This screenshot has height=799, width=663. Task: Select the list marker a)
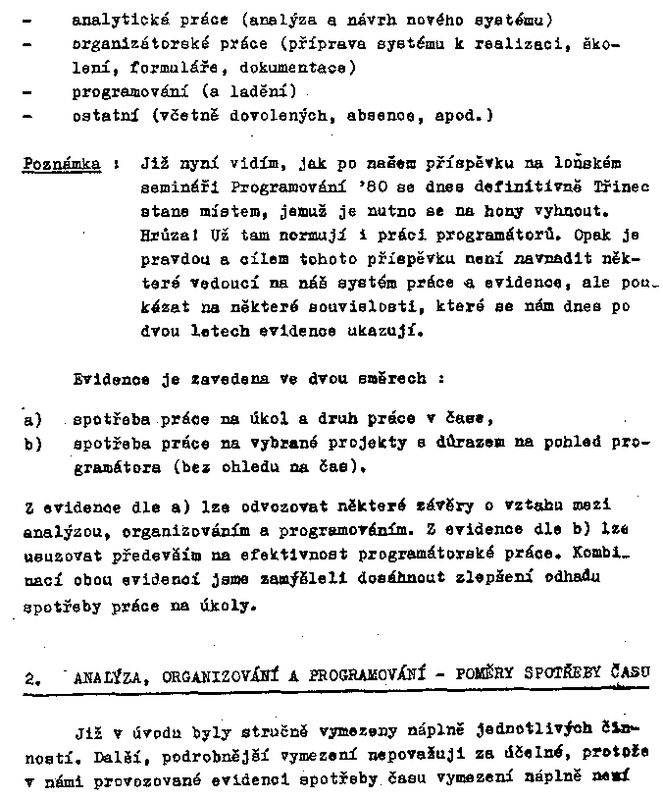click(x=30, y=420)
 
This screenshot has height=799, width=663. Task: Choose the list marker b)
click(x=30, y=444)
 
